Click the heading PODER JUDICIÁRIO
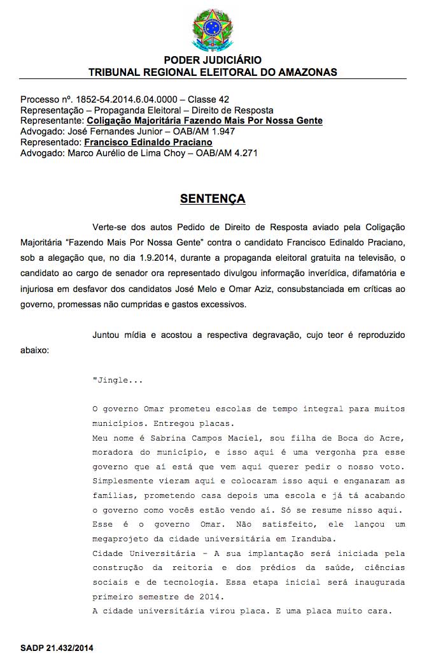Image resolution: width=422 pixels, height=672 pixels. click(x=213, y=60)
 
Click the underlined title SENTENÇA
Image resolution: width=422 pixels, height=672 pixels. click(x=213, y=199)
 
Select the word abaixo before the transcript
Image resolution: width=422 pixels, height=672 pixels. click(x=34, y=350)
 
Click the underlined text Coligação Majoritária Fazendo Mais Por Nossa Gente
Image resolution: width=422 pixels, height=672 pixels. click(x=204, y=121)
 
